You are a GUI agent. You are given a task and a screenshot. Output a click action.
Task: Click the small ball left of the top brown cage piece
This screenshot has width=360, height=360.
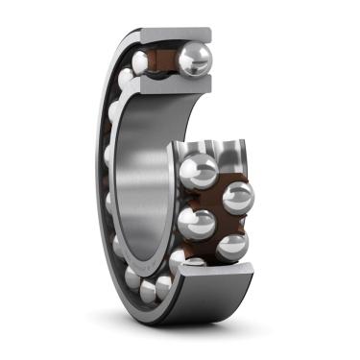[x=141, y=63]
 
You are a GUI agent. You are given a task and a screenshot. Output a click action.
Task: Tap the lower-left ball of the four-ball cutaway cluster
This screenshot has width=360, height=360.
[x=196, y=223]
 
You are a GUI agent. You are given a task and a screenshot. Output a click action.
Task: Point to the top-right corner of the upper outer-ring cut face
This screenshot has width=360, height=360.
[x=208, y=32]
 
